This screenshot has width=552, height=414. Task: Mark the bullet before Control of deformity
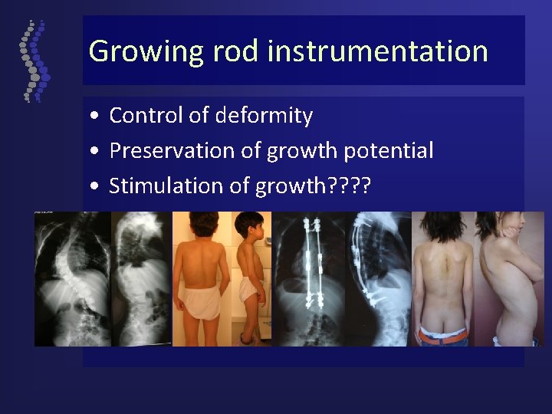pos(93,117)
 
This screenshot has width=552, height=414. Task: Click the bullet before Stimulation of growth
pos(93,186)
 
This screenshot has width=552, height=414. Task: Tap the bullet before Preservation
pos(93,151)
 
